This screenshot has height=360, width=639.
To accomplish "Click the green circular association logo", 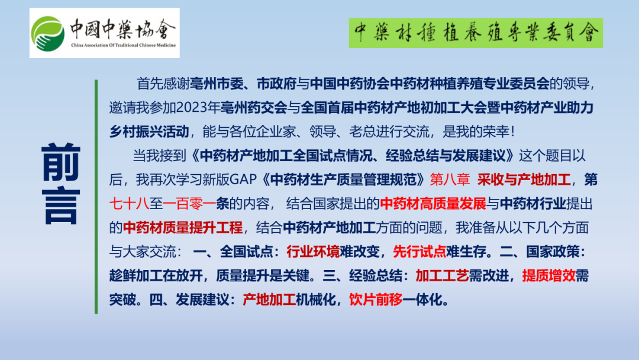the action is click(x=48, y=34).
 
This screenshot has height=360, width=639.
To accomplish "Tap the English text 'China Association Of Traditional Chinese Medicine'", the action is click(x=124, y=45).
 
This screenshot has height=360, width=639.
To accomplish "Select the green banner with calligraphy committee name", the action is click(x=476, y=33).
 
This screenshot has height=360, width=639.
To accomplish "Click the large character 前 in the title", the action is click(x=61, y=162).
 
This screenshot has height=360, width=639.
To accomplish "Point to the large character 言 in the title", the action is click(x=61, y=206).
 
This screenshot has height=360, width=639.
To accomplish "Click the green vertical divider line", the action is click(x=96, y=197).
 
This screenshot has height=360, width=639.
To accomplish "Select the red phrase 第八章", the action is click(x=450, y=179).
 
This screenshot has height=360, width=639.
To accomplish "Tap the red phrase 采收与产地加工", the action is click(x=524, y=179).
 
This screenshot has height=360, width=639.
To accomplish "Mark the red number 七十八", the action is click(x=129, y=204).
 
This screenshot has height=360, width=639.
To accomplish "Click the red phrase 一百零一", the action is click(x=189, y=204).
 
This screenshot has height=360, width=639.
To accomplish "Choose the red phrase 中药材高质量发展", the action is click(x=433, y=204).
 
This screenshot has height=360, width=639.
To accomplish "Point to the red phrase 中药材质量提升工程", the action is click(x=183, y=227).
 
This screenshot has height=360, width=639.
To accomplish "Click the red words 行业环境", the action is click(x=313, y=252).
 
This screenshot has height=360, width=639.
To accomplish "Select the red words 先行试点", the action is click(x=419, y=252).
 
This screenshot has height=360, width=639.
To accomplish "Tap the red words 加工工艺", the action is click(x=442, y=275).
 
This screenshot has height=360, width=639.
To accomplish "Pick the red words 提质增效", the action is click(x=548, y=275).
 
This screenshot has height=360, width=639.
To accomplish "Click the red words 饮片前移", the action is click(x=376, y=300).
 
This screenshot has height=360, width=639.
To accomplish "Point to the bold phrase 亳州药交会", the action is click(x=254, y=108).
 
